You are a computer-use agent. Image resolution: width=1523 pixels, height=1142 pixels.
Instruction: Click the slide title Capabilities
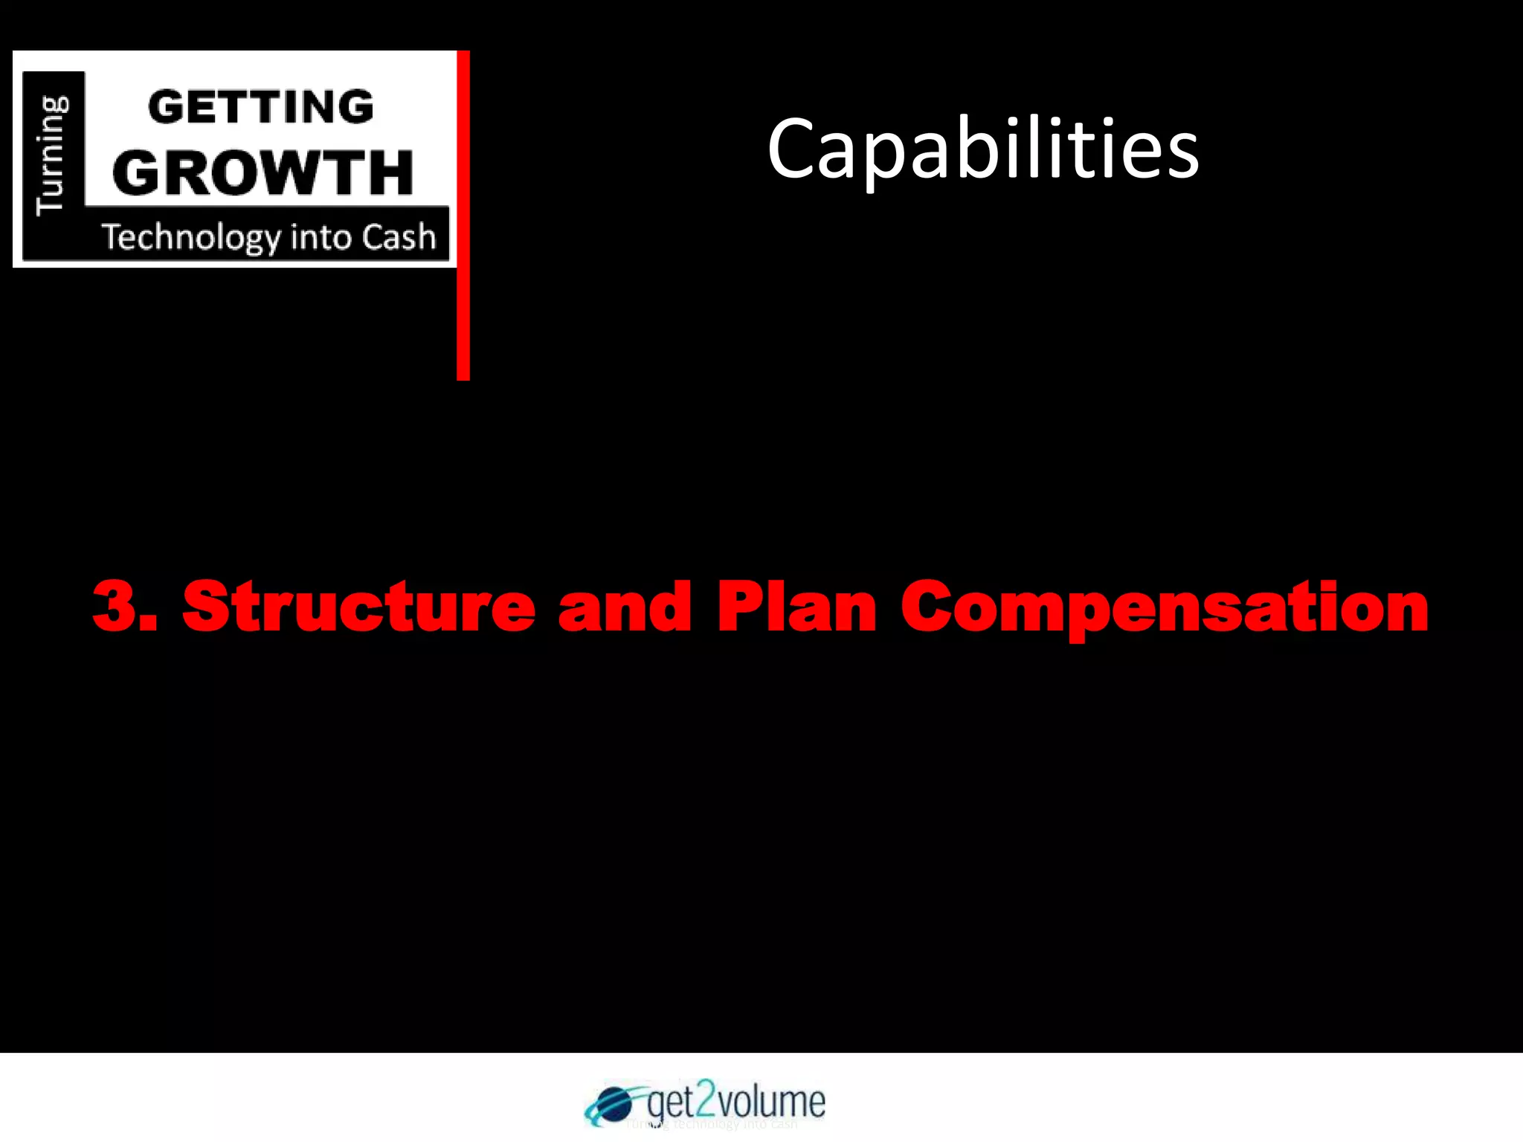[x=983, y=150]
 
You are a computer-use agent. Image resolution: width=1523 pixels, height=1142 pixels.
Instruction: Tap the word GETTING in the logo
[x=261, y=107]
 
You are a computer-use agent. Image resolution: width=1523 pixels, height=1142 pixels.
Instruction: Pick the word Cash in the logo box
[x=399, y=237]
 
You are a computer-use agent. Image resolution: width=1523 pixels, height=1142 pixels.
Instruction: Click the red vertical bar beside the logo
[x=463, y=216]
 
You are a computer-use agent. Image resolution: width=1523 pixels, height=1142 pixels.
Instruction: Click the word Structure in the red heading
[x=358, y=606]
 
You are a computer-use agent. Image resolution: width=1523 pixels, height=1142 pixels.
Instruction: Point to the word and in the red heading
[x=625, y=607]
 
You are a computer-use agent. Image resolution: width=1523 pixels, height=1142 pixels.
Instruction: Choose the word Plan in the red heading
[x=797, y=607]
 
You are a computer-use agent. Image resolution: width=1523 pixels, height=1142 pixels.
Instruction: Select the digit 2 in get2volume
[x=705, y=1100]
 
